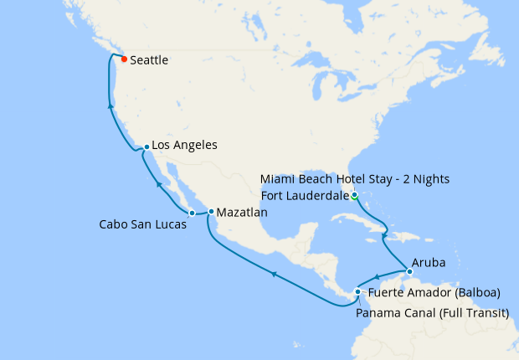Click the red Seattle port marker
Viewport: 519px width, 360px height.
pos(124,59)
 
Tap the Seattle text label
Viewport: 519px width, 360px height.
pos(150,60)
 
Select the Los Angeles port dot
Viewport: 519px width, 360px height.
pos(146,147)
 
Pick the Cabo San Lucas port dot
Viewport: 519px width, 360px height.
pos(192,213)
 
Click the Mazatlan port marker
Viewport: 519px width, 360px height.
pos(211,212)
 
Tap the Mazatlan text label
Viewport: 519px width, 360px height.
pos(242,213)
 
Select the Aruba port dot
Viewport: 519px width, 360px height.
pos(409,271)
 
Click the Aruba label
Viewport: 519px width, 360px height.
pos(428,262)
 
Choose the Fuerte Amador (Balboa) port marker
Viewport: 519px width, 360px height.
pos(357,292)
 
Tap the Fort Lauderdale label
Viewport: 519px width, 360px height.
pos(305,196)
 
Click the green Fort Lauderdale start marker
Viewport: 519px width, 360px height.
pos(355,196)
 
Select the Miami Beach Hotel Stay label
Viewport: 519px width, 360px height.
pos(355,179)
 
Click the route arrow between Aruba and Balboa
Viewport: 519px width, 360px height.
pos(377,278)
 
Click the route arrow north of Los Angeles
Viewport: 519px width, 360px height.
pos(111,105)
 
